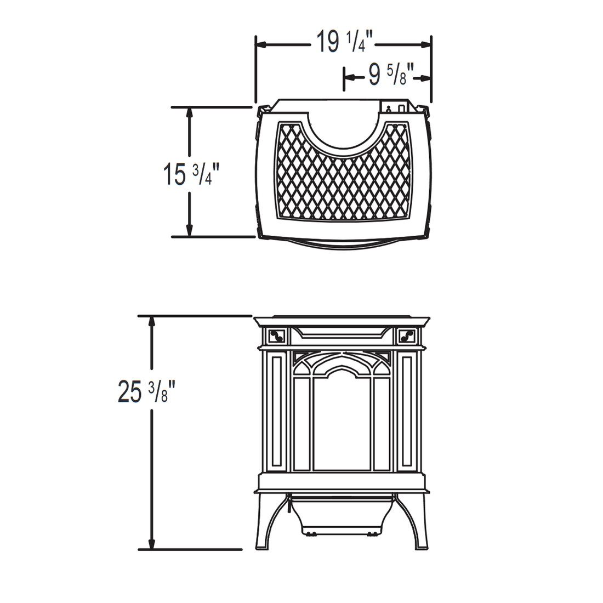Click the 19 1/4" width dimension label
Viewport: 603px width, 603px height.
(345, 42)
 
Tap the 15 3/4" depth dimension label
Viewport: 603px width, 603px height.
(191, 174)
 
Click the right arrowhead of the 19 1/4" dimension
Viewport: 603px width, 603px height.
(425, 44)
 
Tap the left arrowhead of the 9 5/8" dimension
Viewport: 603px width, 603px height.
(349, 78)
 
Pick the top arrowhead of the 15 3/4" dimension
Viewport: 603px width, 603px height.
(189, 113)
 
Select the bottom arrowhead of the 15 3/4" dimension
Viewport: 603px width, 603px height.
(189, 231)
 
